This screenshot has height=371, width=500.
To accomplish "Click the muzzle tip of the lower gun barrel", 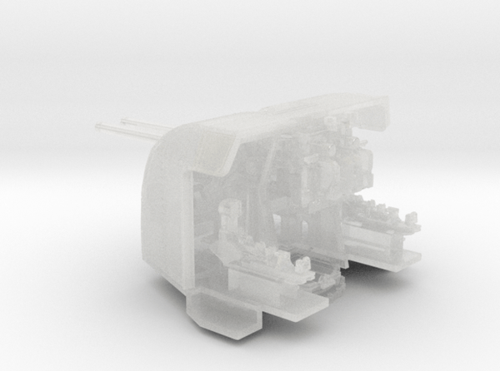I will [98, 128].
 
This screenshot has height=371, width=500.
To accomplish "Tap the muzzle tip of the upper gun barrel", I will [122, 121].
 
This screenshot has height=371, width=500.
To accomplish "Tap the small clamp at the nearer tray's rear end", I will [303, 266].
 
